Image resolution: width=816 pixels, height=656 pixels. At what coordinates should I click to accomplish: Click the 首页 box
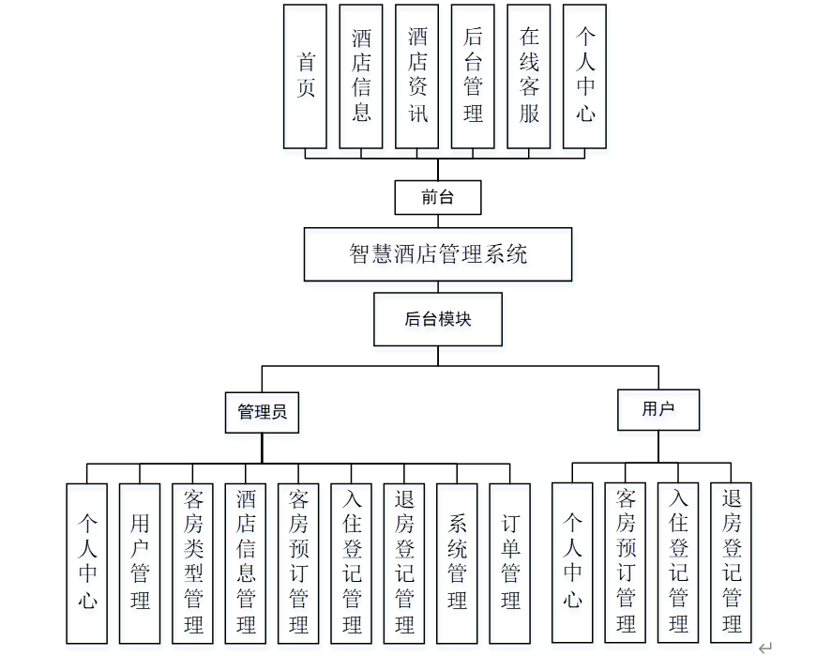coord(306,76)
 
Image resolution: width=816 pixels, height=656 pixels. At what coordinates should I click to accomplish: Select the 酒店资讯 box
coord(417,76)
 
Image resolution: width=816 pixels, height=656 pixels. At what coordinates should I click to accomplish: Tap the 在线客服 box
coord(529,76)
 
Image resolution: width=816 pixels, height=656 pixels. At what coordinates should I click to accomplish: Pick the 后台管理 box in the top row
coord(473,76)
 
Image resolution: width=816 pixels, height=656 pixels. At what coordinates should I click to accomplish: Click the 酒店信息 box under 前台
coord(361,76)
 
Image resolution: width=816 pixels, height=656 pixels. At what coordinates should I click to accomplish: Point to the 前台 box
coord(437,198)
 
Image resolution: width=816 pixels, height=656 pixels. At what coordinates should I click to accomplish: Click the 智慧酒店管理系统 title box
coord(438,254)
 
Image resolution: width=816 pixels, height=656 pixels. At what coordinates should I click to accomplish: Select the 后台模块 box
coord(438,319)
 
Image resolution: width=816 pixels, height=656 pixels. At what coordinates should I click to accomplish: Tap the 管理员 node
coord(263,412)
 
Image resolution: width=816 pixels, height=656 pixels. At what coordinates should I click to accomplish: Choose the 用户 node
coord(658,409)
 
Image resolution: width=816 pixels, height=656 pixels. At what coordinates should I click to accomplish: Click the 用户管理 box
coord(140,562)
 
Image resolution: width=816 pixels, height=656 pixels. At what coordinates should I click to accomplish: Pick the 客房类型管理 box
coord(193,562)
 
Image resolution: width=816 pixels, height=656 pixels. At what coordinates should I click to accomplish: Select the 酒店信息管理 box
coord(246,562)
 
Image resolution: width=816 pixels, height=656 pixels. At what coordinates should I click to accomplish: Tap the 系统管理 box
coord(458,562)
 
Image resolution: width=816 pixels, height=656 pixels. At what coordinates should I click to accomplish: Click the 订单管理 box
coord(510,562)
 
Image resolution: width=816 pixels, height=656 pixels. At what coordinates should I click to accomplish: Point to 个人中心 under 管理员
coord(87,562)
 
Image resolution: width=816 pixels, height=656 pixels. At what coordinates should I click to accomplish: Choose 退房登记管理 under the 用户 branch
coord(732,562)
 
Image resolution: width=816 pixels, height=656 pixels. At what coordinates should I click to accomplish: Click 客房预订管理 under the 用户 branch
coord(626,562)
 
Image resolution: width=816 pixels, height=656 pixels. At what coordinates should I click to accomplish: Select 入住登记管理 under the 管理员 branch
coord(352,562)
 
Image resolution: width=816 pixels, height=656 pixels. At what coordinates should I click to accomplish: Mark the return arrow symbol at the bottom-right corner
coord(765,647)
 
